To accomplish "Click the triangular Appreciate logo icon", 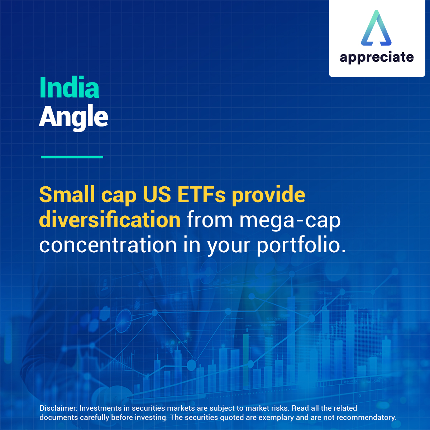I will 376,29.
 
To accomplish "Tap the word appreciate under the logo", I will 377,57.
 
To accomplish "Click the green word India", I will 69,87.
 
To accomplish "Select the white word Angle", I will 73,117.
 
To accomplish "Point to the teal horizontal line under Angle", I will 72,157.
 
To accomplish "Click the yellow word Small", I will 67,195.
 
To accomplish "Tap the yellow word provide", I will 268,195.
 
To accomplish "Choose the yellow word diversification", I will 110,220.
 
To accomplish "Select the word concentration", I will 108,245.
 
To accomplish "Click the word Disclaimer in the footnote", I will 58,408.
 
